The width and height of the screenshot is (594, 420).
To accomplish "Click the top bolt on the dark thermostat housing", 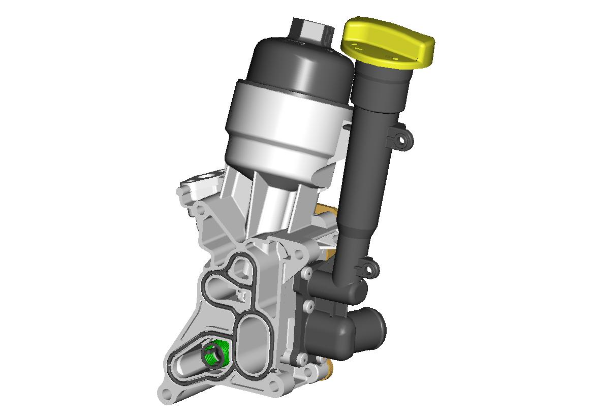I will point(307,274).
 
